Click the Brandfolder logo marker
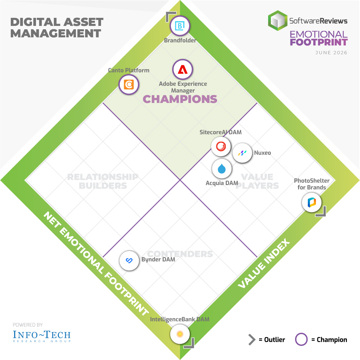coord(180,26)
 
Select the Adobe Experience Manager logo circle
coord(183,69)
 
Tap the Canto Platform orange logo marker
coord(129,84)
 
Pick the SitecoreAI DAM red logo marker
coord(221,146)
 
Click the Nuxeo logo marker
coord(242,153)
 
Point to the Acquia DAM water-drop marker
coord(222,169)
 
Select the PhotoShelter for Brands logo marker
coord(312,203)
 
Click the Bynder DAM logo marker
coord(129,261)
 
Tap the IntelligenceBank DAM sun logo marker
coord(180,334)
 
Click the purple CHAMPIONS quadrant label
coord(180,99)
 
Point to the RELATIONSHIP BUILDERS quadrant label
coord(103,181)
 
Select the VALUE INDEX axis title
coord(264,263)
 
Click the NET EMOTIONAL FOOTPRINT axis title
coord(96,263)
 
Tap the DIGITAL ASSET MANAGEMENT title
coord(57,28)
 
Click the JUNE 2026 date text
coord(331,52)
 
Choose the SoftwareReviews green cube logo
coord(278,21)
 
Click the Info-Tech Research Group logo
coord(42,336)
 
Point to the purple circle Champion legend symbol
coord(301,339)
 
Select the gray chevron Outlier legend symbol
coord(252,339)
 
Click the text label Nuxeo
coord(262,153)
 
